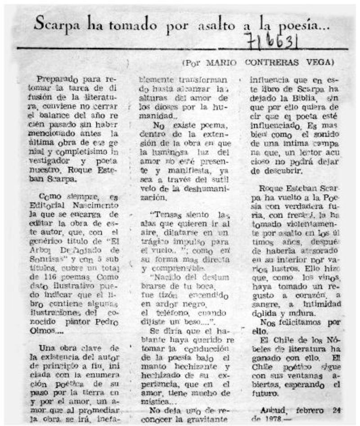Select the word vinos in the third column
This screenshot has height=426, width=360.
pos(322,279)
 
